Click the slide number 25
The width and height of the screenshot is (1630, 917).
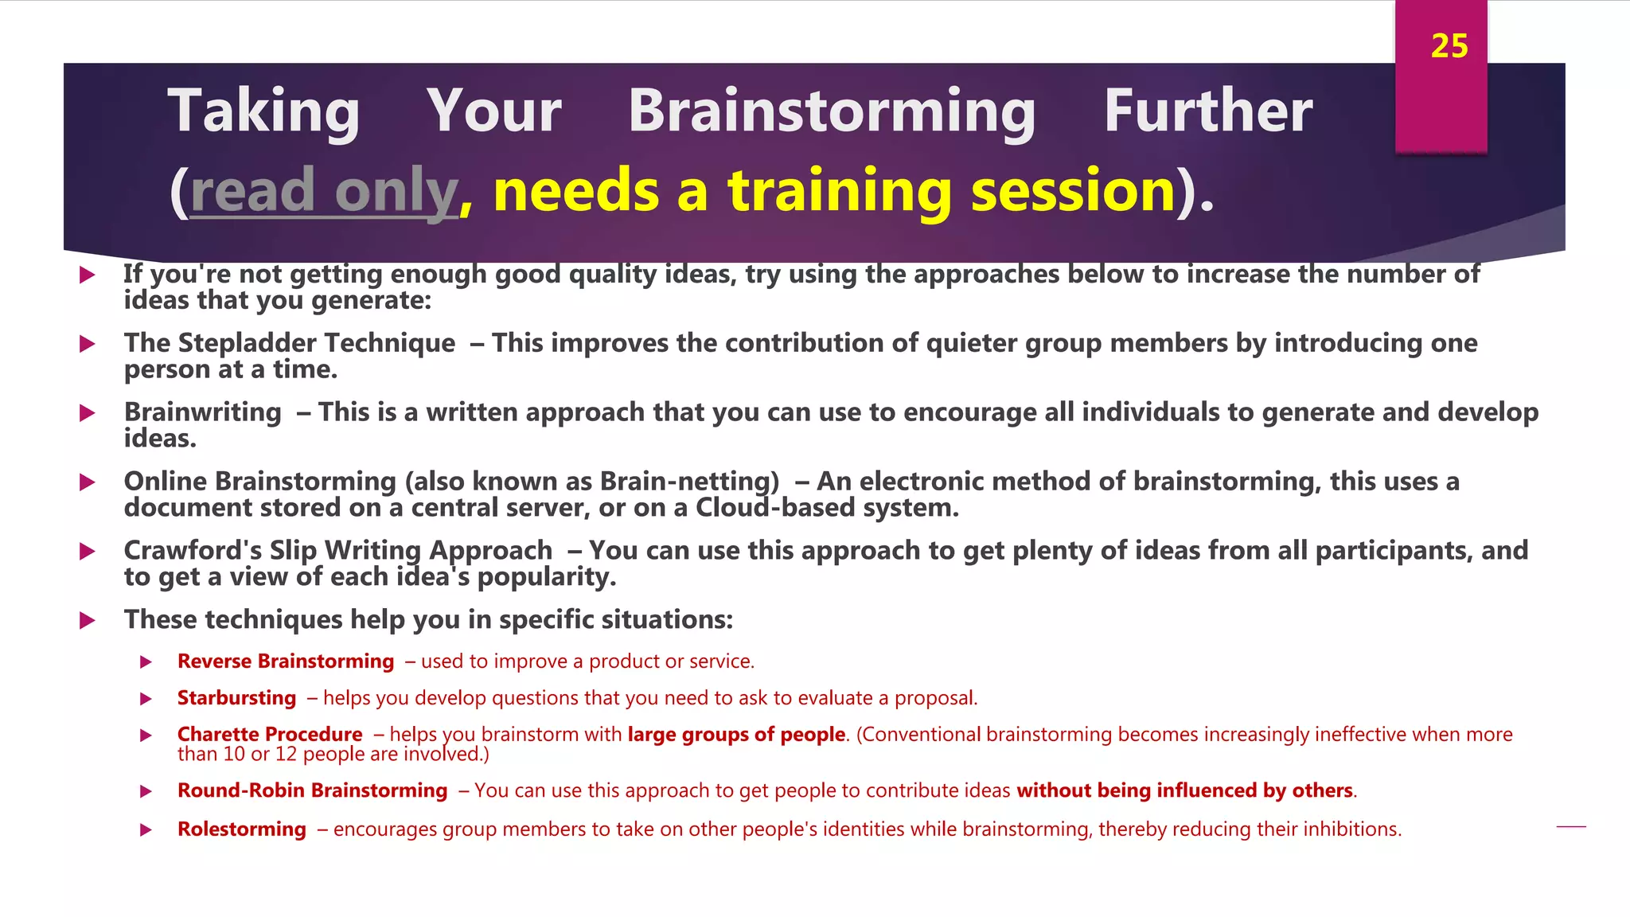pyautogui.click(x=1449, y=46)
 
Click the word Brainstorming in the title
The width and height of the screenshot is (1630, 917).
pyautogui.click(x=831, y=111)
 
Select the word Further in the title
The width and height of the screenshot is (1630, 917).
pyautogui.click(x=1207, y=111)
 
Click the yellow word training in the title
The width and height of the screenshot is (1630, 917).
pyautogui.click(x=839, y=192)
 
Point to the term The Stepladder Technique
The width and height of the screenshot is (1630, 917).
pyautogui.click(x=290, y=343)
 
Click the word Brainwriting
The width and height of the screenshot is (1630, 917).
pyautogui.click(x=203, y=412)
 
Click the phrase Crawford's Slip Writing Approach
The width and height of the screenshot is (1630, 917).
pyautogui.click(x=338, y=551)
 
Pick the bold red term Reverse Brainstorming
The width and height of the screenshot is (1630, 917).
pyautogui.click(x=286, y=661)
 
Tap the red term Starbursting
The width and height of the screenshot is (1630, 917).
pyautogui.click(x=236, y=698)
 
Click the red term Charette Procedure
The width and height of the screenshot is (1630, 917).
pyautogui.click(x=270, y=735)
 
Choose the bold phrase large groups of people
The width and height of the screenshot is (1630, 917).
pyautogui.click(x=736, y=735)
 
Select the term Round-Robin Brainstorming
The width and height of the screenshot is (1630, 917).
pyautogui.click(x=312, y=790)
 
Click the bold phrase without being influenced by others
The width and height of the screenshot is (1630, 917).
pyautogui.click(x=1184, y=790)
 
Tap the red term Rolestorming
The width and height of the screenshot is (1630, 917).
pyautogui.click(x=242, y=829)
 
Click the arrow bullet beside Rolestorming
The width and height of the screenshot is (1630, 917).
pyautogui.click(x=146, y=830)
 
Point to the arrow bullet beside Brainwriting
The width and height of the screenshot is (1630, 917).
pyautogui.click(x=88, y=413)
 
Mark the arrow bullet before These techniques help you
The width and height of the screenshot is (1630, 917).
pyautogui.click(x=88, y=621)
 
